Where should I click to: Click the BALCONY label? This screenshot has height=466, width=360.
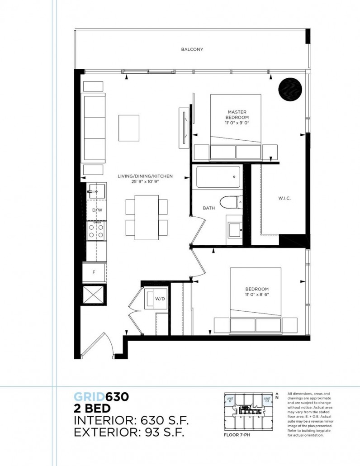192,49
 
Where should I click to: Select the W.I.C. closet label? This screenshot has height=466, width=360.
284,199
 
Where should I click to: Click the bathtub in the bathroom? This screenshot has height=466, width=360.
218,178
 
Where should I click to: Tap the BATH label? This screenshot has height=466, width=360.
208,208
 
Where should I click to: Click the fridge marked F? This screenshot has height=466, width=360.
94,272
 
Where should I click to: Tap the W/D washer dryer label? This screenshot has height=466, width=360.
160,298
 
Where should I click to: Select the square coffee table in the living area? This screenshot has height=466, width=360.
129,128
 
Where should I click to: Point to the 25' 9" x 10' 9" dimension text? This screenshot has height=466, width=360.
145,181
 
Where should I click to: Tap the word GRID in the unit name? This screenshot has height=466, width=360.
90,397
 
